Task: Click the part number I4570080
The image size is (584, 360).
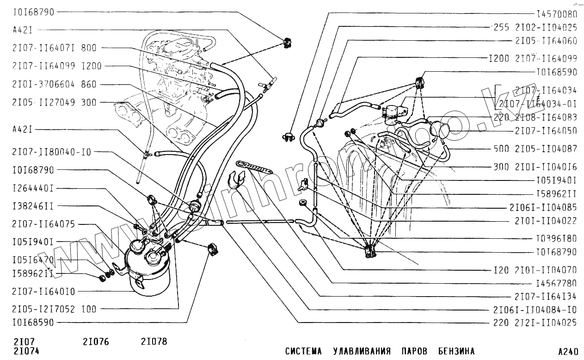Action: click(x=557, y=14)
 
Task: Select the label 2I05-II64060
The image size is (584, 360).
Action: click(x=546, y=41)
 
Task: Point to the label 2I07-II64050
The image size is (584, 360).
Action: click(x=546, y=131)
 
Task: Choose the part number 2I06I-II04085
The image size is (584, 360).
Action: click(x=543, y=207)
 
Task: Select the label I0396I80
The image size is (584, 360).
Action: click(x=557, y=239)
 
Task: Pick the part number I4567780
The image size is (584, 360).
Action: click(x=557, y=283)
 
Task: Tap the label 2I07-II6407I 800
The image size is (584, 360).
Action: click(x=55, y=48)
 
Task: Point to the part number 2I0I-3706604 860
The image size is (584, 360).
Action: click(x=55, y=84)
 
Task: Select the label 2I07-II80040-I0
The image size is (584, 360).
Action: click(x=52, y=151)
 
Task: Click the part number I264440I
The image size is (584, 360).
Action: click(x=33, y=188)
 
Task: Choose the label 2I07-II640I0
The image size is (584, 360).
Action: click(x=43, y=292)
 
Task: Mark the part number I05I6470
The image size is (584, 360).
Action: click(x=33, y=260)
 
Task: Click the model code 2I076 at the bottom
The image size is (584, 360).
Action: click(x=96, y=342)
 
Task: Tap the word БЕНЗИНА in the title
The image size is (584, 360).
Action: click(x=456, y=351)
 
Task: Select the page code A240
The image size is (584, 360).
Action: click(x=568, y=351)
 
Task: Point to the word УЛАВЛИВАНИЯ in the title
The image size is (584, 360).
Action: click(x=362, y=351)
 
